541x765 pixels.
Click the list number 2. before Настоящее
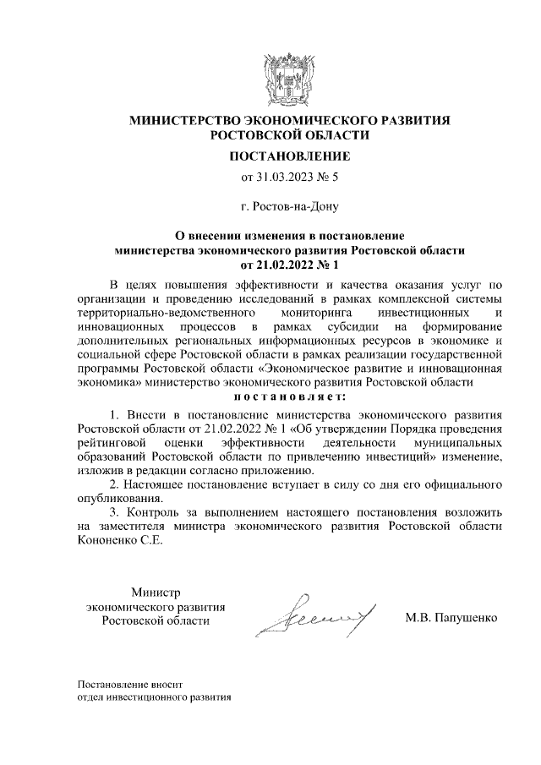click(x=115, y=484)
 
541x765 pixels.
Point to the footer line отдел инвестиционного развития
click(x=152, y=697)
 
